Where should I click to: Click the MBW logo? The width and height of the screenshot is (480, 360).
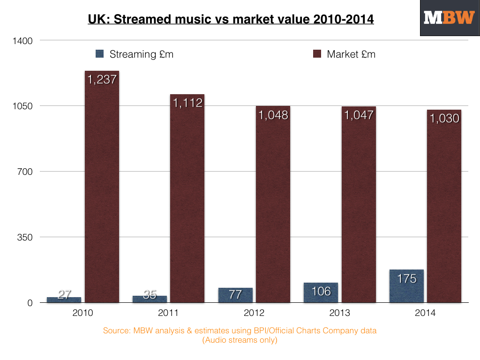coord(449,18)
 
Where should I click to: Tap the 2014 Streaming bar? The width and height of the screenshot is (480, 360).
coord(406,286)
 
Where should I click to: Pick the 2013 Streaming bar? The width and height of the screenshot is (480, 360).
coord(321,292)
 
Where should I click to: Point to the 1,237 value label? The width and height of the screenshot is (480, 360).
coord(102,80)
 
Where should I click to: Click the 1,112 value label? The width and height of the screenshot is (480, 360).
coord(187,103)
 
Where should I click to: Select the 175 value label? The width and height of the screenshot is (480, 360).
coord(406,278)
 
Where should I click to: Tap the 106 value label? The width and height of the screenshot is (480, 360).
coord(321,291)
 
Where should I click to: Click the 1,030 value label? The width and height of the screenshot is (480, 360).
coord(444,119)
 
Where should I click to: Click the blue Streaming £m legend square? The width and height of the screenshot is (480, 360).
coord(99,54)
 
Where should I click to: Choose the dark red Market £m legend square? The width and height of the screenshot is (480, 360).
coord(317,54)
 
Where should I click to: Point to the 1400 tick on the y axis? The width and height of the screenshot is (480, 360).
coord(22,40)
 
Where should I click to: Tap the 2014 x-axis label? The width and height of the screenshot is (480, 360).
coord(425,313)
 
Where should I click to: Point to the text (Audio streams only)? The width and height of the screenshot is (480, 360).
coord(240,340)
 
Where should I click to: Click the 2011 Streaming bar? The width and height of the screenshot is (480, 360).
coord(150,299)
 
